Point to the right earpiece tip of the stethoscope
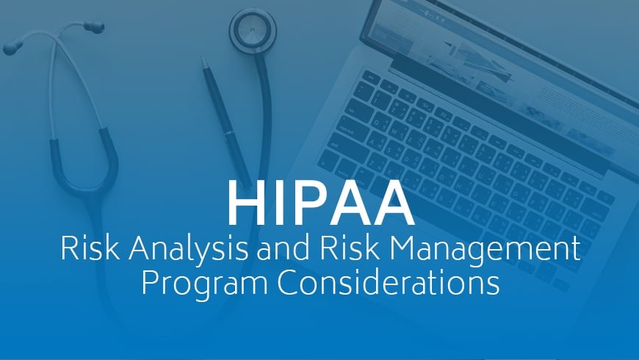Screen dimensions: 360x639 coord(93,28)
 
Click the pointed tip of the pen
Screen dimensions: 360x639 coord(203,60)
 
